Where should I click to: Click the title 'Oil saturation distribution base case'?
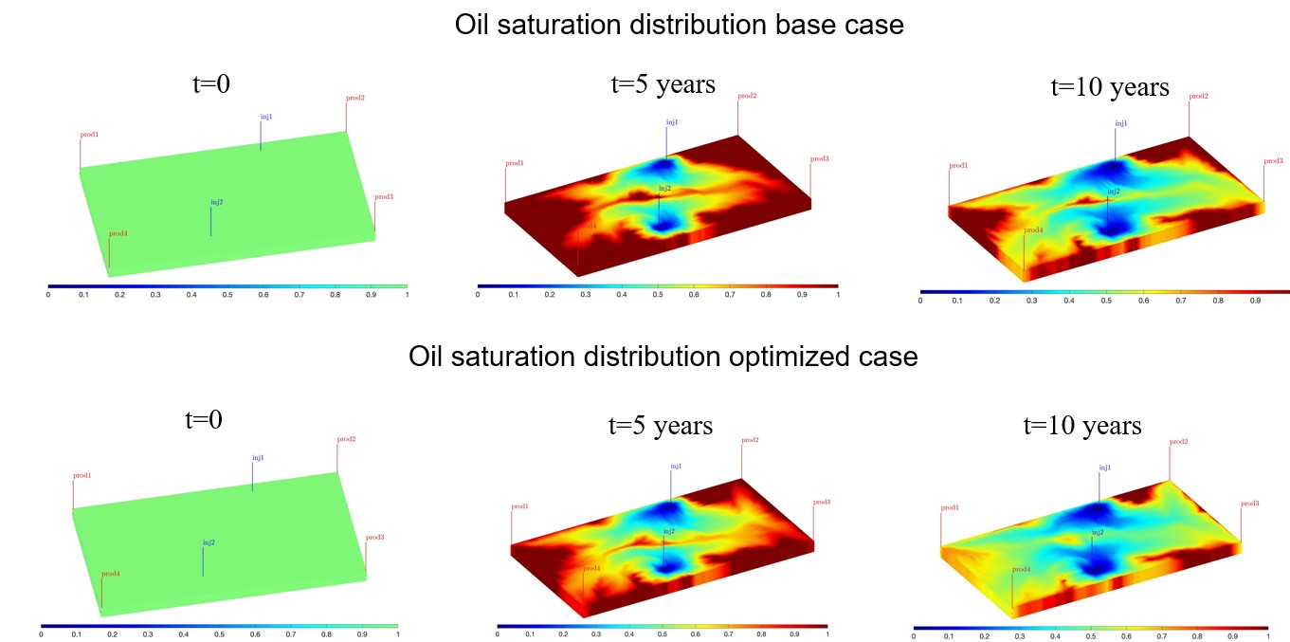click(x=679, y=25)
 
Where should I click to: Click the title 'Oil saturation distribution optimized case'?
click(x=663, y=357)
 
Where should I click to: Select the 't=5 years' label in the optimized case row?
click(x=660, y=425)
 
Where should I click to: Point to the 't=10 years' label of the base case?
click(x=1110, y=86)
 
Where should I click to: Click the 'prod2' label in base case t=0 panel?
click(x=355, y=98)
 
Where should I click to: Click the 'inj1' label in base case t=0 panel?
click(x=266, y=117)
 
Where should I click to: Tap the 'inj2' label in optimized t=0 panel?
click(x=209, y=542)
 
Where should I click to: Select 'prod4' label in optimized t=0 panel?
click(x=111, y=574)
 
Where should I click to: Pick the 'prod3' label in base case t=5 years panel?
click(x=820, y=158)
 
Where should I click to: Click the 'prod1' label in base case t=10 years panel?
click(x=958, y=165)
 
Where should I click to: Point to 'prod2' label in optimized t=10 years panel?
click(x=1178, y=442)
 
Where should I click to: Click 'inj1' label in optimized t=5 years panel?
click(x=676, y=466)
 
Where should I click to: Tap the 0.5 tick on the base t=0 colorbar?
click(x=227, y=295)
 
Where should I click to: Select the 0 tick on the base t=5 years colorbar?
click(x=478, y=295)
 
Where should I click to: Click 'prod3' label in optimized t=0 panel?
click(x=375, y=538)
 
